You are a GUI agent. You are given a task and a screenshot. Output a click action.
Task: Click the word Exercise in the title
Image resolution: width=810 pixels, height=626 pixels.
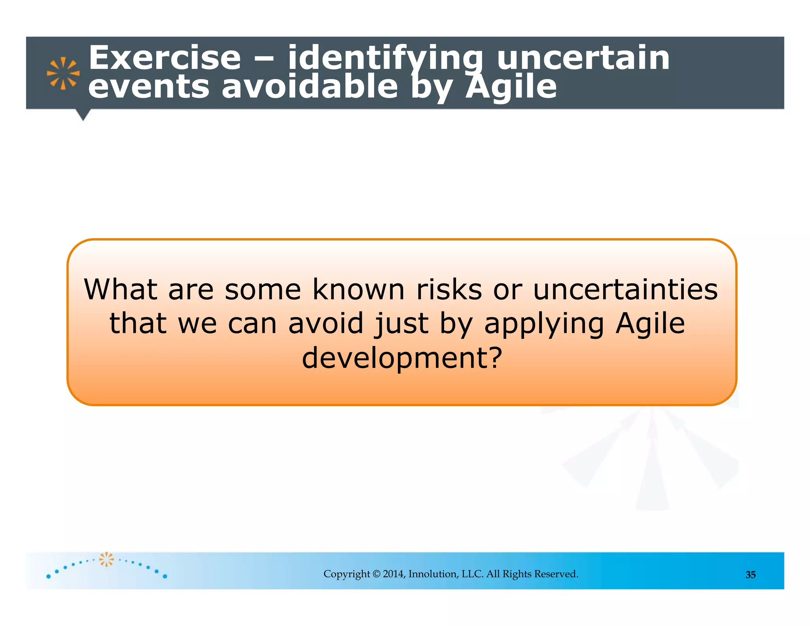pyautogui.click(x=164, y=58)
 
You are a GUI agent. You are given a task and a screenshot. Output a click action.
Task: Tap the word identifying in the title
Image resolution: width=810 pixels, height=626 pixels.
pyautogui.click(x=385, y=58)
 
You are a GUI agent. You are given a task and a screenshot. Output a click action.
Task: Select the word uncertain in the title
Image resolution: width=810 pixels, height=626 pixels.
pyautogui.click(x=583, y=58)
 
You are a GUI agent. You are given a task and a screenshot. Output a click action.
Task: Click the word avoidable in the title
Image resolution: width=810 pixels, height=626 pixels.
pyautogui.click(x=309, y=87)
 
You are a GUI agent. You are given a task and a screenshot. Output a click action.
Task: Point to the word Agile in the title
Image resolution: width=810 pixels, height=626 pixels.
pyautogui.click(x=511, y=87)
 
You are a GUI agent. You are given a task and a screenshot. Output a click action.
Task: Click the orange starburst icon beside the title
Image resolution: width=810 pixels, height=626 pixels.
pyautogui.click(x=63, y=73)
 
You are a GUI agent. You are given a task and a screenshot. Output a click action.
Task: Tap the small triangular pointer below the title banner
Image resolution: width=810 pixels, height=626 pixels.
pyautogui.click(x=83, y=115)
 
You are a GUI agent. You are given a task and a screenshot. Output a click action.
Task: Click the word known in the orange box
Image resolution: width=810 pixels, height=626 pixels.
pyautogui.click(x=358, y=289)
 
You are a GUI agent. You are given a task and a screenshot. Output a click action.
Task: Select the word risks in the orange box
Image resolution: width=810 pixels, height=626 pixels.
pyautogui.click(x=449, y=289)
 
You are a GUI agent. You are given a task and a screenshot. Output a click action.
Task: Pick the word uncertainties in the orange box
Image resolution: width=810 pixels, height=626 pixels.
pyautogui.click(x=625, y=289)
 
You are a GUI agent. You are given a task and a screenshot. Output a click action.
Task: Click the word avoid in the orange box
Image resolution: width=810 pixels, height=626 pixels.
pyautogui.click(x=326, y=323)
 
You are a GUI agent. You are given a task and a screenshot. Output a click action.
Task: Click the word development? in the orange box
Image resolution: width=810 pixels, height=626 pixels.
pyautogui.click(x=402, y=358)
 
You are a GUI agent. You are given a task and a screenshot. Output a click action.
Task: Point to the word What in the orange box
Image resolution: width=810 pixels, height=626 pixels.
pyautogui.click(x=121, y=289)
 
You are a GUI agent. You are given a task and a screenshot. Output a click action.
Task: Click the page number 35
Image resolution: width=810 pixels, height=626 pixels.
pyautogui.click(x=750, y=575)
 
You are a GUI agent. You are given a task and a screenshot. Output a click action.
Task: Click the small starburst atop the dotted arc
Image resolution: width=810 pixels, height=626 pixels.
pyautogui.click(x=106, y=559)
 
